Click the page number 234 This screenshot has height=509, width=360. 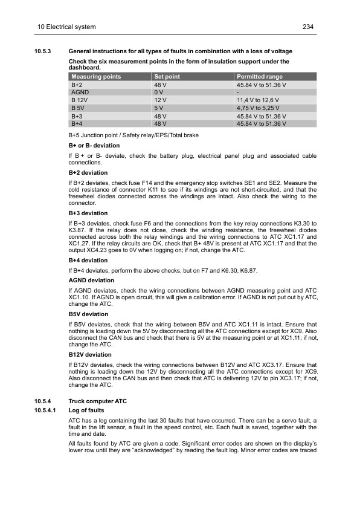(x=308, y=27)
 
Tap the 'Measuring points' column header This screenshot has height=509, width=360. (x=96, y=77)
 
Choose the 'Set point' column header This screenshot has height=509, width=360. (x=168, y=77)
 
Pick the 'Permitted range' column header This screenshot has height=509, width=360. (x=260, y=77)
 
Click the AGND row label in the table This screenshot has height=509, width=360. (x=80, y=92)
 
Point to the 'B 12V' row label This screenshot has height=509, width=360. (x=80, y=100)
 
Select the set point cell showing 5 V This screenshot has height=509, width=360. (x=159, y=108)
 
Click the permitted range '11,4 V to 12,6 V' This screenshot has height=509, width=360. (x=262, y=100)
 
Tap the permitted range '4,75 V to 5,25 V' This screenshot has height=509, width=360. (x=262, y=108)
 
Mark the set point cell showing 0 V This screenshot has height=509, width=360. (x=159, y=92)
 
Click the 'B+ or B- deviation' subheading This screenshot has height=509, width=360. (x=94, y=146)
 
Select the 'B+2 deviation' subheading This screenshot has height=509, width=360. (x=88, y=173)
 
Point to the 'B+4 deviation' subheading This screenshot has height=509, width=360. (x=88, y=261)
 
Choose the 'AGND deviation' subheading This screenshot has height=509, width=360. (x=91, y=280)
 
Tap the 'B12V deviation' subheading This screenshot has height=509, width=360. (x=90, y=355)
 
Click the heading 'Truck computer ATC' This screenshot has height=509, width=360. (x=98, y=401)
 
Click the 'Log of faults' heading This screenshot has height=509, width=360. (x=86, y=410)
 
